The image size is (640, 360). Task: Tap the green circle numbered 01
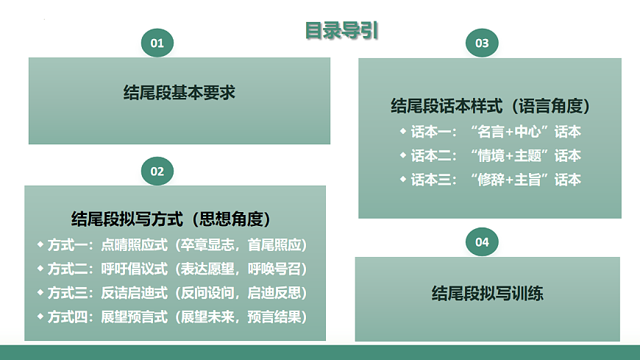click(x=157, y=43)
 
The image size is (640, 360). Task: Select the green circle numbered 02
click(x=157, y=171)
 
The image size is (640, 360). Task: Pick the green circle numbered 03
click(x=482, y=43)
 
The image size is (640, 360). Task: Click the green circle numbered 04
click(x=482, y=241)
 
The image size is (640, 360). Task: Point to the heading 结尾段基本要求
click(x=179, y=93)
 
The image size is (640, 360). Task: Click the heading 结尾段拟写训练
click(x=488, y=293)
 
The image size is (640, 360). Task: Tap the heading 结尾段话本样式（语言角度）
click(x=491, y=107)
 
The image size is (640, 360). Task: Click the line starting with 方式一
click(x=177, y=245)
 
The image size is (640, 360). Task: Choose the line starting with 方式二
click(x=177, y=269)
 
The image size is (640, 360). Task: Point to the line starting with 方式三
click(x=177, y=293)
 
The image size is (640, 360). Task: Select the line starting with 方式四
click(x=177, y=317)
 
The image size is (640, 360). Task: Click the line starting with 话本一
click(x=495, y=132)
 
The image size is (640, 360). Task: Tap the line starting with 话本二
click(x=495, y=155)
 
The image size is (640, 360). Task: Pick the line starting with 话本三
click(x=495, y=179)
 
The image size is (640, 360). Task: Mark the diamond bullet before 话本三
click(x=402, y=178)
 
